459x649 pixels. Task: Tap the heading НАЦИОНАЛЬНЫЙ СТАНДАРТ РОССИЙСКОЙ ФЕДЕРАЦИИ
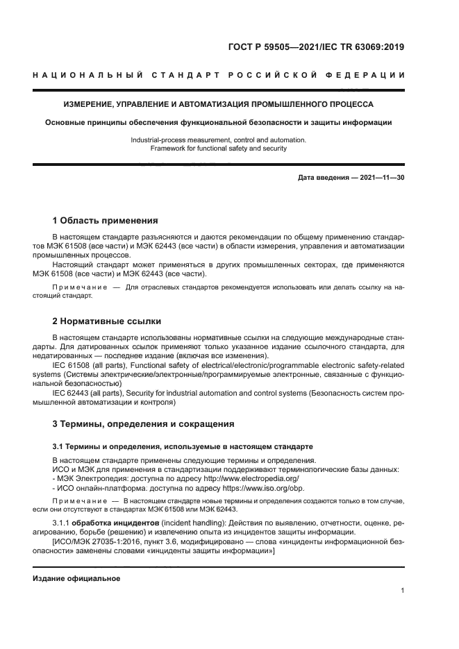pos(219,75)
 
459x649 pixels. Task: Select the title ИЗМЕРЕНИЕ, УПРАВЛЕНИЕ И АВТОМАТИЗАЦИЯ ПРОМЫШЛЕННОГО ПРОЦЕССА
pos(219,105)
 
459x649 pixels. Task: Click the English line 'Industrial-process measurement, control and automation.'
pos(219,140)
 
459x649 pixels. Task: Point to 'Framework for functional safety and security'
pos(219,148)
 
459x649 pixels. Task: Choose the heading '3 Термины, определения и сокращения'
pos(143,423)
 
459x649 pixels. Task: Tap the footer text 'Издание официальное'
pos(76,578)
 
